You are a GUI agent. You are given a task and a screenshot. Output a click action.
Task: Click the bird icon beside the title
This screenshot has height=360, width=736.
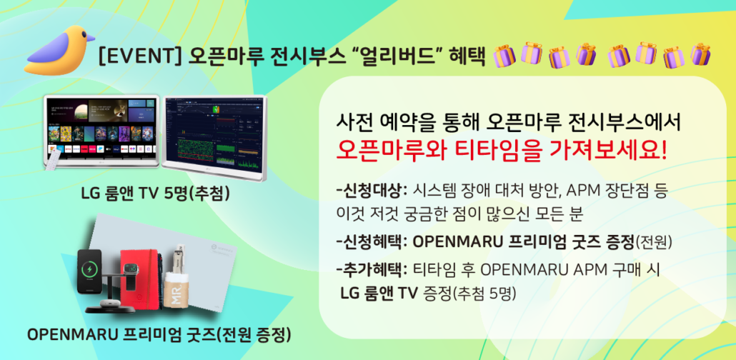pyautogui.click(x=56, y=51)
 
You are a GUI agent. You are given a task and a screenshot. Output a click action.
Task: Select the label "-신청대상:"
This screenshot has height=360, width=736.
pyautogui.click(x=370, y=191)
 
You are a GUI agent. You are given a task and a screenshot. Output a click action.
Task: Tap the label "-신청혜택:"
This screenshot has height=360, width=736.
pyautogui.click(x=370, y=241)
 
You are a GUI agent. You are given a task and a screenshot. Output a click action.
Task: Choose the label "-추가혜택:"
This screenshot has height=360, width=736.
pyautogui.click(x=370, y=270)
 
